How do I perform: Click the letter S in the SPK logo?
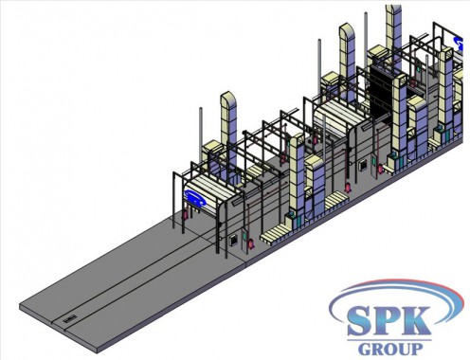coord(361,320)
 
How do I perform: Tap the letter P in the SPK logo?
coord(389,320)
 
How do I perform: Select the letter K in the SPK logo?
coord(415,320)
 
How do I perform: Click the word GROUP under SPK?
coord(390,349)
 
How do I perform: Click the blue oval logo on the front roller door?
coord(195,198)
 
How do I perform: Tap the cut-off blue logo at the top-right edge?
coord(459,44)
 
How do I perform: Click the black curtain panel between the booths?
coord(382,92)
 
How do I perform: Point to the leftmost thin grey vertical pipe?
coord(200,135)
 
